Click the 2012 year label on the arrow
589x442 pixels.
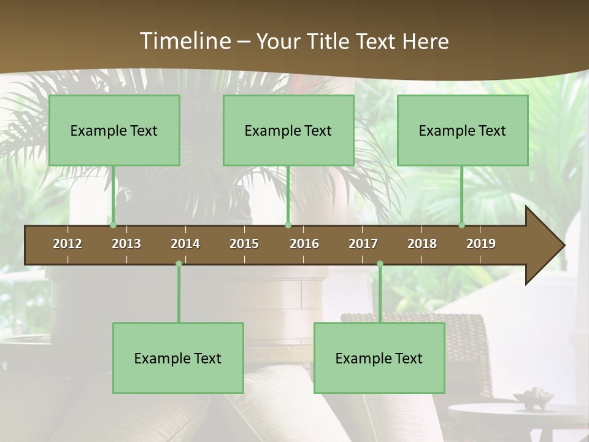(67, 244)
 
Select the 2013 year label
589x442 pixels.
(126, 244)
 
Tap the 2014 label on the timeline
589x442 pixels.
(185, 244)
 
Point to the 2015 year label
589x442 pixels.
(244, 244)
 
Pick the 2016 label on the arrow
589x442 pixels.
(304, 244)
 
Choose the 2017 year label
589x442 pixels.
(363, 244)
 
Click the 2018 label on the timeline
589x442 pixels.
(422, 244)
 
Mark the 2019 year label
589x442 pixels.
(481, 244)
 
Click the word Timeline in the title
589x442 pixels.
(184, 41)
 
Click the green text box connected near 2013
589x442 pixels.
(114, 130)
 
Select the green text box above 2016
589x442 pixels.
(288, 130)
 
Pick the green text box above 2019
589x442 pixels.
(463, 130)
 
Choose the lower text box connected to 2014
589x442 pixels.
(178, 358)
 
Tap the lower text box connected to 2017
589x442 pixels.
(379, 358)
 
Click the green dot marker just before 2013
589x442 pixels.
(113, 225)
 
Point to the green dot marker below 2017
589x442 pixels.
(380, 264)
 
